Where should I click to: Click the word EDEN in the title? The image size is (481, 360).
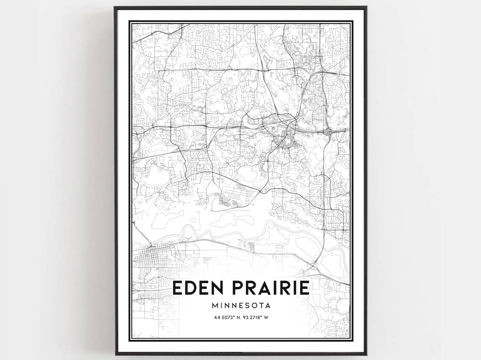pos(195,287)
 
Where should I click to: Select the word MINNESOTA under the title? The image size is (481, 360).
pos(241,306)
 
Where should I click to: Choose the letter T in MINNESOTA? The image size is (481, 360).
pos(262,306)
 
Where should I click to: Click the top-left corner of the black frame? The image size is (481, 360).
pos(115,7)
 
